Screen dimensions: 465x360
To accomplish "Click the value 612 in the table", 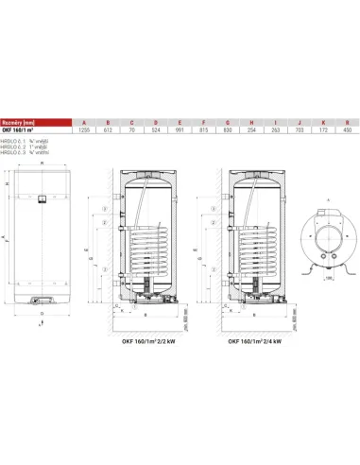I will coord(109,129).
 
